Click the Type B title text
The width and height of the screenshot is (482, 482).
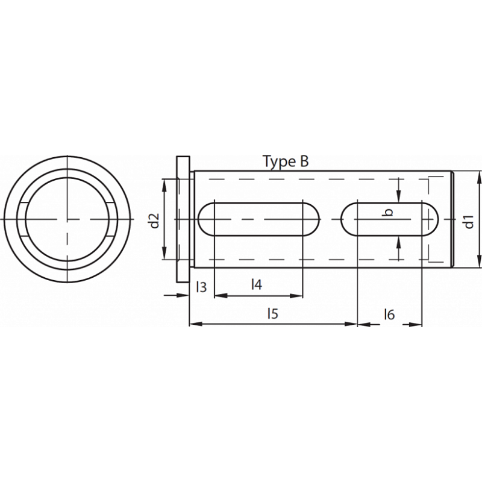click(286, 161)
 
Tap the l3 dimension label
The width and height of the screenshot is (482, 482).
click(201, 287)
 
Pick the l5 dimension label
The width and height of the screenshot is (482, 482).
click(273, 313)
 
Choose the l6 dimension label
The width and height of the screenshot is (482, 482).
click(389, 314)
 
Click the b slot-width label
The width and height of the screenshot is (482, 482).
click(389, 212)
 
